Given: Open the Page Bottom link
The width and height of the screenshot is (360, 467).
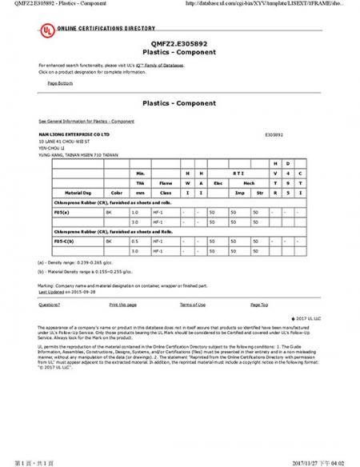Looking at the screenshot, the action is point(60,82).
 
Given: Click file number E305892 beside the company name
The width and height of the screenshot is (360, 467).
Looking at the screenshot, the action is point(273,135).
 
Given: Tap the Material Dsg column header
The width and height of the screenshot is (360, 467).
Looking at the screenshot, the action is point(79,193).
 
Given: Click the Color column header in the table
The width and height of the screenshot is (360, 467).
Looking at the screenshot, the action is point(116,193).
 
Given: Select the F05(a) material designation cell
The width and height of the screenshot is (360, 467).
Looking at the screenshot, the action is point(62,212).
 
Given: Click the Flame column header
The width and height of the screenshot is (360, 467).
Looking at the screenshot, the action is point(166,182).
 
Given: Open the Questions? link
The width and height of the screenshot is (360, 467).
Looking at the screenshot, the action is point(49,305).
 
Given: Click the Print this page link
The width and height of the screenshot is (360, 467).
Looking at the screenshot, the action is point(122,305).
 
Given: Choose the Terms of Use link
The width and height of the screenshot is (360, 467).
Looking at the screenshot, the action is point(193,305).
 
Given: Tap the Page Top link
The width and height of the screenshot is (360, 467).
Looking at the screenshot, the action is point(259,305).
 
